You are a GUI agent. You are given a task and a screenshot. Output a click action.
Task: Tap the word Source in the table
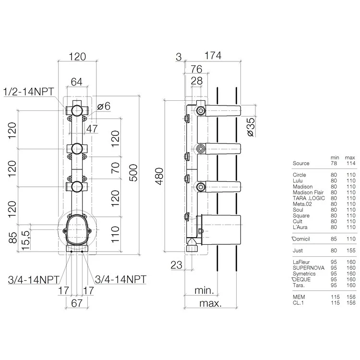pos(301,163)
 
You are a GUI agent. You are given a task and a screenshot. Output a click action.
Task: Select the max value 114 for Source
pos(350,163)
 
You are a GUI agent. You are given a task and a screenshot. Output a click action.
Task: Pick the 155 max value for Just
pos(350,250)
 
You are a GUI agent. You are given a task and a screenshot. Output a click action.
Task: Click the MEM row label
pos(299,297)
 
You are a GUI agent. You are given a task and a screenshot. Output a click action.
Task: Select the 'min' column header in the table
pos(335,157)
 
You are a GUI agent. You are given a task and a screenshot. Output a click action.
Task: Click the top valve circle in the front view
pos(77,112)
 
